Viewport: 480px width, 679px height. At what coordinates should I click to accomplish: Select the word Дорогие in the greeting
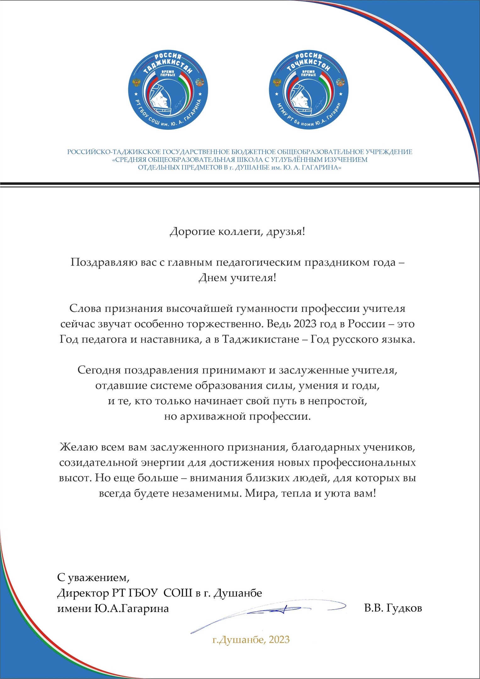pos(192,232)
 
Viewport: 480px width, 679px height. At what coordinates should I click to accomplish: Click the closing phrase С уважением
pos(93,577)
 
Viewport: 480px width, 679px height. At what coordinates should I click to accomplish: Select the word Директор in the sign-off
pos(83,593)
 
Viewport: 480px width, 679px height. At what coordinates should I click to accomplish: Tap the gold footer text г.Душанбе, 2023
pos(251,639)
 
